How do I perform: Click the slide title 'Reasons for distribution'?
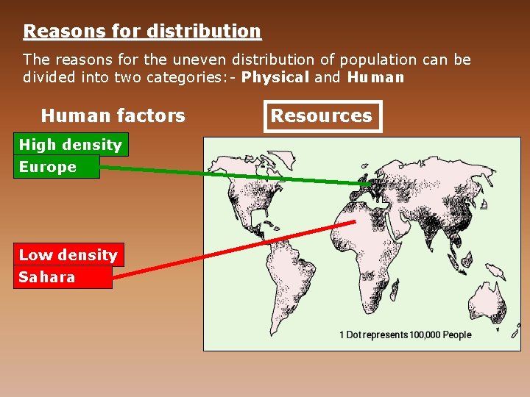coord(142,32)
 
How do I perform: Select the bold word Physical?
coord(275,77)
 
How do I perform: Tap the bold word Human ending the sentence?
coord(375,77)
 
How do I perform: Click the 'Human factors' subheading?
coord(113,115)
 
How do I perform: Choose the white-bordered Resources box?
coord(322,115)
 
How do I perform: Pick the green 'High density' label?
coord(71,145)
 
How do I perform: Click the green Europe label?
coord(49,167)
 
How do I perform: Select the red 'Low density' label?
coord(68,255)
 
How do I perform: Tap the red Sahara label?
coord(47,277)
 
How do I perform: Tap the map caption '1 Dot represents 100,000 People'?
coord(405,335)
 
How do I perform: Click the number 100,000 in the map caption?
coord(425,335)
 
